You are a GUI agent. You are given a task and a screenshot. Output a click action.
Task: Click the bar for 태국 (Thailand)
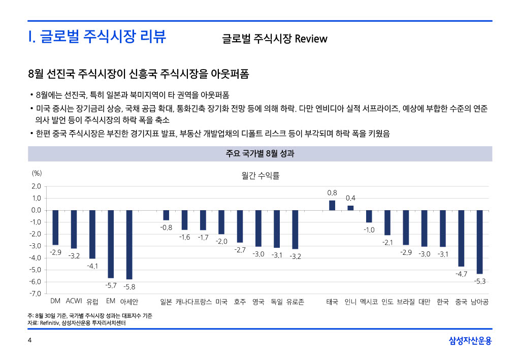(332, 205)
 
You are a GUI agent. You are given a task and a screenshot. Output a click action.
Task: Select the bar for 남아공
(479, 242)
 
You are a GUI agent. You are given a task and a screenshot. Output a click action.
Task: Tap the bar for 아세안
(129, 244)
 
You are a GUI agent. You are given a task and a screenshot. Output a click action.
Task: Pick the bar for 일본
(166, 215)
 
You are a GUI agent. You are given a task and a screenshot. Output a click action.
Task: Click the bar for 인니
(350, 208)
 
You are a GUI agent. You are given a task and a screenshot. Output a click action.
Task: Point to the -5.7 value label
(111, 285)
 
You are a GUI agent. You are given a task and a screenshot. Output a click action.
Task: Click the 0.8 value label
(332, 193)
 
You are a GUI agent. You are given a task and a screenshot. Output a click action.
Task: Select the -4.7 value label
(461, 274)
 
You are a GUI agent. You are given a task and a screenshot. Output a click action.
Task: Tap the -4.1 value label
(92, 266)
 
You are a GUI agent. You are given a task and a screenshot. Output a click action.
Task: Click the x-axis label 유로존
(295, 302)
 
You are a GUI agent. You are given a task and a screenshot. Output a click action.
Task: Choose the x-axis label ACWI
(74, 302)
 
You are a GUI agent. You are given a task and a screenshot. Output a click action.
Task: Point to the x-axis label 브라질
(406, 302)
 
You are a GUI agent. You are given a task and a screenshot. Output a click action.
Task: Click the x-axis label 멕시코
(369, 302)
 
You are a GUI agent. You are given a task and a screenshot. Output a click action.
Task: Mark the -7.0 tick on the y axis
(36, 293)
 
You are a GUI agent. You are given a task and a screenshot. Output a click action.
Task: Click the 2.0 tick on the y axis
(37, 186)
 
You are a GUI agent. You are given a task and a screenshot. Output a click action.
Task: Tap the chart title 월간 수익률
(261, 176)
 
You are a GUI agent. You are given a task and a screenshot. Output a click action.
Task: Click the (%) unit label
(37, 173)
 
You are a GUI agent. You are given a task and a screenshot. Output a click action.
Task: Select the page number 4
(29, 340)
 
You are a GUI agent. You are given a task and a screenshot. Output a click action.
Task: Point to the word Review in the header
(311, 39)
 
